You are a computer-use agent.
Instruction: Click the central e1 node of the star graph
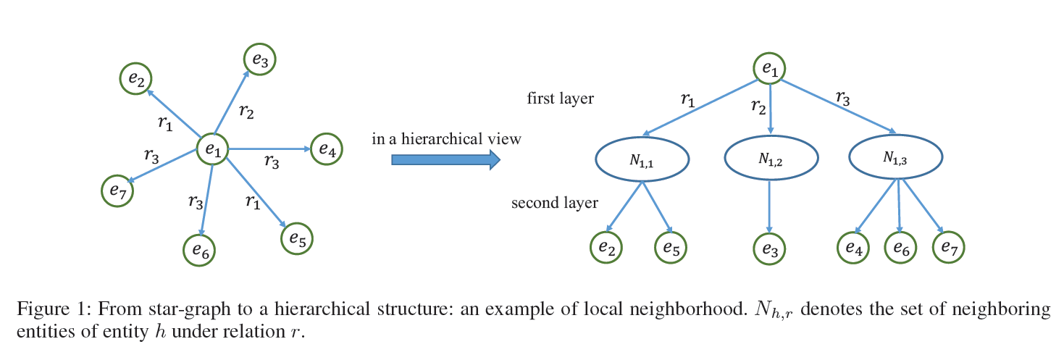pyautogui.click(x=213, y=150)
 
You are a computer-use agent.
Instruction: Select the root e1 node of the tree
pyautogui.click(x=769, y=69)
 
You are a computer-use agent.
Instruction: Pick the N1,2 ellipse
pyautogui.click(x=771, y=159)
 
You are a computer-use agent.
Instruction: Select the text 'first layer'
pyautogui.click(x=560, y=99)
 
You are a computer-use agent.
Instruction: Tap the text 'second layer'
pyautogui.click(x=555, y=203)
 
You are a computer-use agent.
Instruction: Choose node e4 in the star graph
pyautogui.click(x=326, y=151)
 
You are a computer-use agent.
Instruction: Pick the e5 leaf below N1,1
pyautogui.click(x=671, y=248)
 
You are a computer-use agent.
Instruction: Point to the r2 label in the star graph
pyautogui.click(x=246, y=112)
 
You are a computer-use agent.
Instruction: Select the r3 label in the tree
pyautogui.click(x=843, y=97)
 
